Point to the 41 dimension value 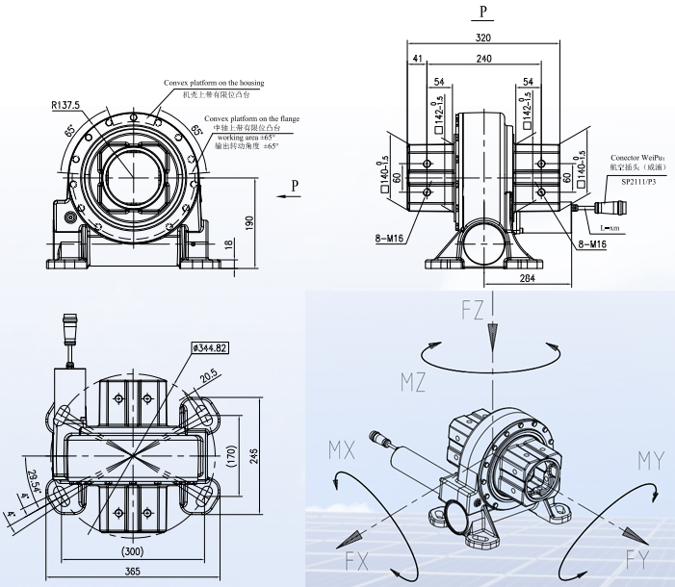[x=417, y=59]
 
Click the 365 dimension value [x=132, y=572]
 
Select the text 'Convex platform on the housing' [x=214, y=84]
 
